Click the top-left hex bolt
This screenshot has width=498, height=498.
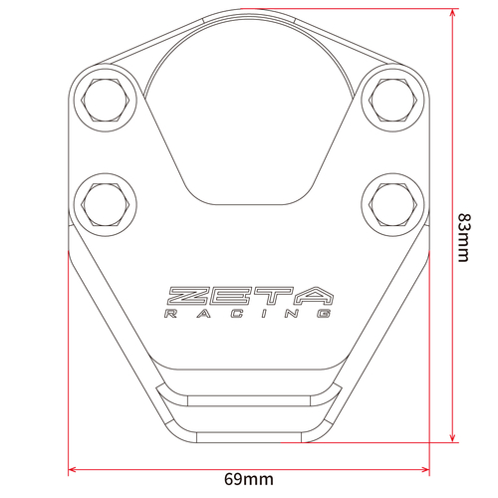[x=106, y=97]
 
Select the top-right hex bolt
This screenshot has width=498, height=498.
[x=389, y=97]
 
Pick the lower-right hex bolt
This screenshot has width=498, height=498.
[x=389, y=202]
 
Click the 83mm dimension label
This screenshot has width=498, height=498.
[x=463, y=236]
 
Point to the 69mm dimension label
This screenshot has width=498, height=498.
[x=247, y=480]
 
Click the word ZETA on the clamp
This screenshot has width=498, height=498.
[x=249, y=296]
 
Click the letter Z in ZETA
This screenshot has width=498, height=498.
[x=187, y=296]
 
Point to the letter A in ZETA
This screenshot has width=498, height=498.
[x=314, y=296]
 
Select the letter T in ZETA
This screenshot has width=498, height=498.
[x=272, y=296]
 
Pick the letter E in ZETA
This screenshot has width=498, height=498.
[x=230, y=296]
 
